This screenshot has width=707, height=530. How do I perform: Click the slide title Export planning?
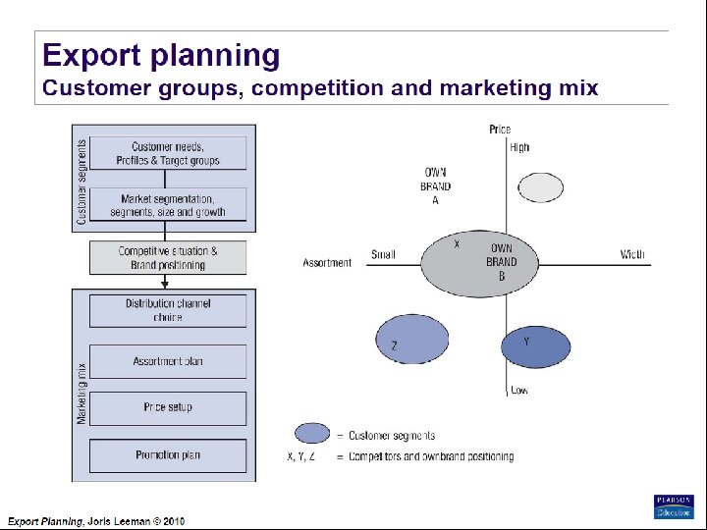tap(161, 56)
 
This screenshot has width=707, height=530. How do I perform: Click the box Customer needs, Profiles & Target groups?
tap(168, 154)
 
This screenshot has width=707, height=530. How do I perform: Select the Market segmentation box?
tap(168, 205)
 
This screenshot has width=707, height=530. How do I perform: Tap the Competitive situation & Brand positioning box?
tap(168, 258)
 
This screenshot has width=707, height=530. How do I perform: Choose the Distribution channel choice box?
tap(168, 310)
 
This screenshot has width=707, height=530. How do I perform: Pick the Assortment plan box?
tap(168, 361)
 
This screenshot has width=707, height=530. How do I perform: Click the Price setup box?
tap(168, 407)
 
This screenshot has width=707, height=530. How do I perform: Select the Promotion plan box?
tap(168, 455)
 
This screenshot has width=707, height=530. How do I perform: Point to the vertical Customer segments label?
tap(82, 180)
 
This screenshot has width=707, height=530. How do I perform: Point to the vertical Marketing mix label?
tap(82, 394)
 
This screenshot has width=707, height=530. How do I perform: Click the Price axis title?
tap(500, 130)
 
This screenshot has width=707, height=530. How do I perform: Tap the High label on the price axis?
tap(519, 147)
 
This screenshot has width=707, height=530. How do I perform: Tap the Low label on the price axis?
tap(519, 391)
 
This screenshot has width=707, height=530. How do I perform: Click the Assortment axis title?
tap(327, 263)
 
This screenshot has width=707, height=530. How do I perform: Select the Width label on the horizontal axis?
tap(632, 254)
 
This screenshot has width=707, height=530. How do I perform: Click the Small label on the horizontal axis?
tap(383, 255)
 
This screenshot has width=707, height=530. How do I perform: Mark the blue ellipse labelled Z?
tap(411, 339)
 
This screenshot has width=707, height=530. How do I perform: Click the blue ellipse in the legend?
tap(312, 434)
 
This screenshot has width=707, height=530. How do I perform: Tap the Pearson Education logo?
tap(674, 506)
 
